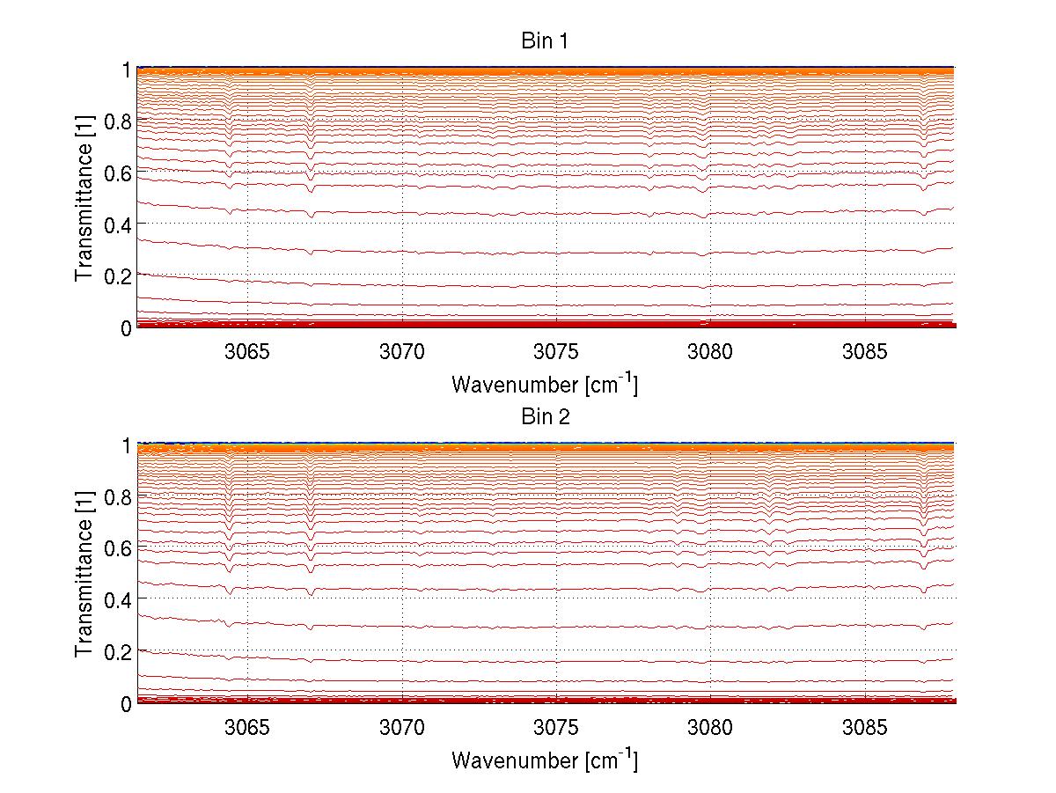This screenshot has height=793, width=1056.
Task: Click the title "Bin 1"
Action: click(x=545, y=41)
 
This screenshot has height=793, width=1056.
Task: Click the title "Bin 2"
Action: click(x=545, y=417)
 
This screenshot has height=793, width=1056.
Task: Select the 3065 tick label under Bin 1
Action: click(x=247, y=352)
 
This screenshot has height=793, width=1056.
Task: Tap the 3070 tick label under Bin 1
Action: click(x=402, y=352)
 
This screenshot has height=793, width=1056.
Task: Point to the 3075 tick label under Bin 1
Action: click(x=556, y=352)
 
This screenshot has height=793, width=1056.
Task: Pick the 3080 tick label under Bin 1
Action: click(x=710, y=352)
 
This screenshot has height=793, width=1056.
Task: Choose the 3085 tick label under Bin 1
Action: click(x=865, y=352)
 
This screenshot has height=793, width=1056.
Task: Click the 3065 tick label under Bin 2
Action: click(x=247, y=728)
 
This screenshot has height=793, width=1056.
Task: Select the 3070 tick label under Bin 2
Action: click(x=402, y=728)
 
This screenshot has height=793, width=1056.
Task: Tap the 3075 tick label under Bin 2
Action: click(x=556, y=728)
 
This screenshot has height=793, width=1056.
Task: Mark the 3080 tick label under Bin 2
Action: click(x=710, y=728)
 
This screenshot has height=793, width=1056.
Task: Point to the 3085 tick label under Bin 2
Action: click(x=865, y=728)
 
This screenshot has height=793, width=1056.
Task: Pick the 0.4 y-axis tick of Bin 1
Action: click(x=118, y=224)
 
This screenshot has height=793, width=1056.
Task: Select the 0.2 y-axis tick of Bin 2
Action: click(x=118, y=651)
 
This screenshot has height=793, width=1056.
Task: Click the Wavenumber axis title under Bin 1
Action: click(x=545, y=384)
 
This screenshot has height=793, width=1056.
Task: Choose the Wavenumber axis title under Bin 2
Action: click(x=545, y=760)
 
